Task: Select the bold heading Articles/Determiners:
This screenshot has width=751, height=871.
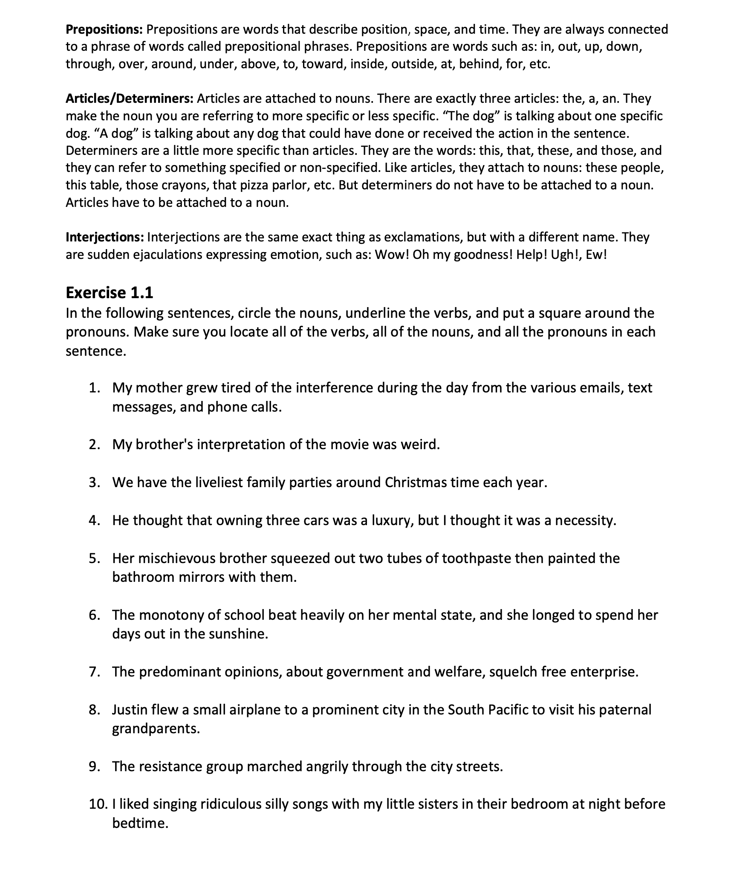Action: click(x=130, y=99)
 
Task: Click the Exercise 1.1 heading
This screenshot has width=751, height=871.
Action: click(x=109, y=293)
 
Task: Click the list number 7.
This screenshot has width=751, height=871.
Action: click(x=95, y=672)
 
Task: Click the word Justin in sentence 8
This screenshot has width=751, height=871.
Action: click(x=130, y=710)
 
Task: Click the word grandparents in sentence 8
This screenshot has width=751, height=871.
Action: click(x=156, y=729)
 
